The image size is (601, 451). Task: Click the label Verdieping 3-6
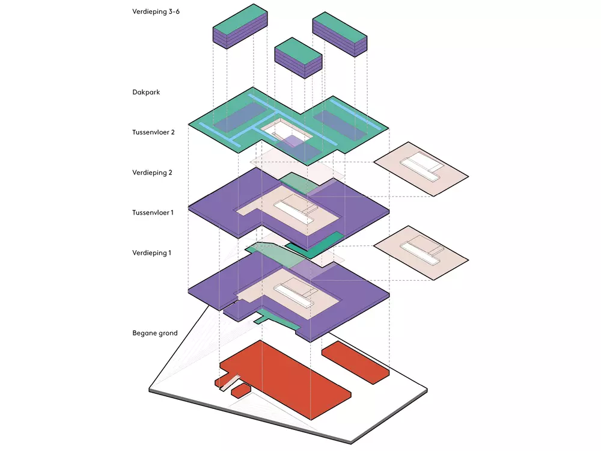[156, 11]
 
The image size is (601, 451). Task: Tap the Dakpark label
[146, 93]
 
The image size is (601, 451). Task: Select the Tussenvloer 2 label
[153, 132]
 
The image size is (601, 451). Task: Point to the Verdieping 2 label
[153, 173]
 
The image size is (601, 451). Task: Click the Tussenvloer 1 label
[153, 212]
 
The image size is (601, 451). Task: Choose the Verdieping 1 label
[152, 253]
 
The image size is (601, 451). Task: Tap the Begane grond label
[155, 333]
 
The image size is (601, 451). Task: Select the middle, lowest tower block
[298, 59]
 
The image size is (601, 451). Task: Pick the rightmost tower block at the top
[339, 33]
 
